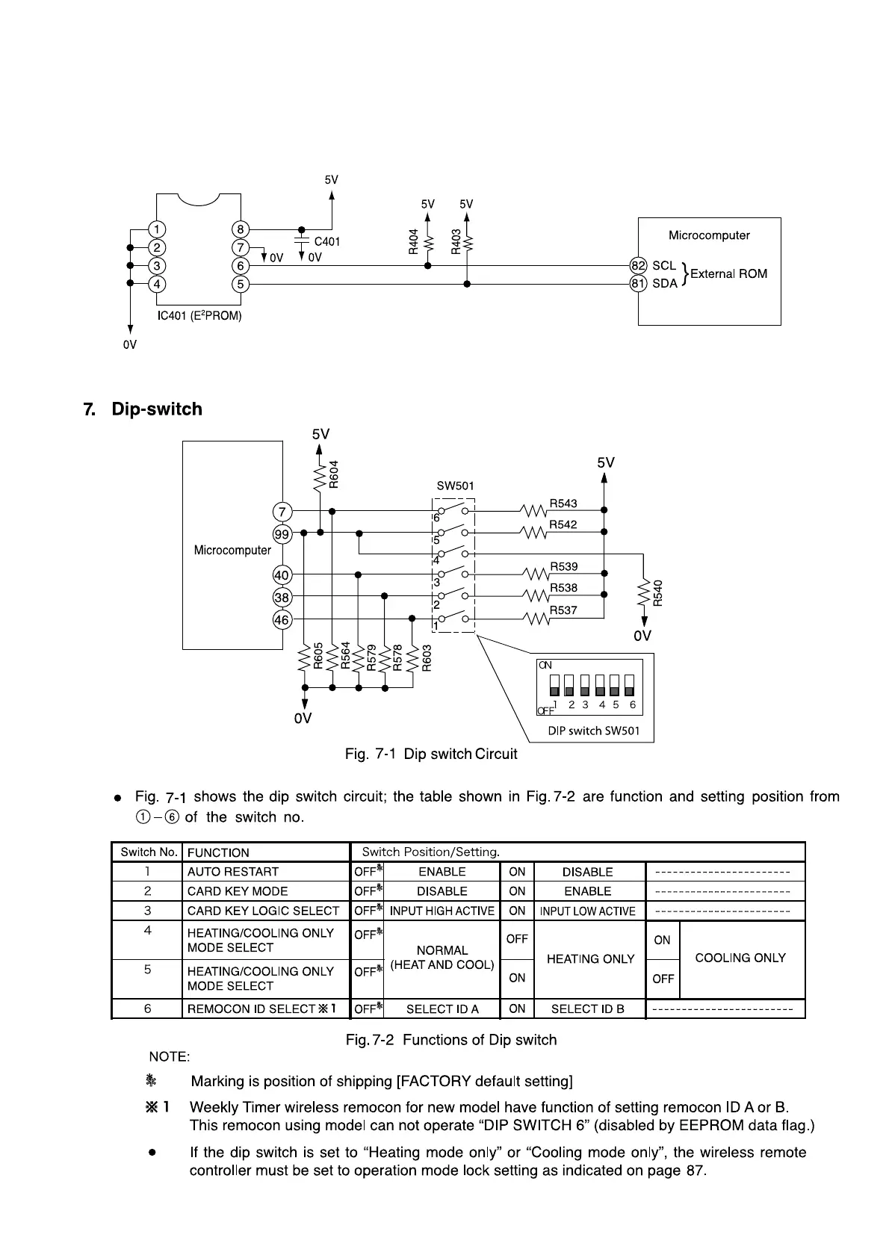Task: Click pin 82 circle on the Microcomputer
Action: pyautogui.click(x=638, y=265)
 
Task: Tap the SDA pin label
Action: pyautogui.click(x=665, y=284)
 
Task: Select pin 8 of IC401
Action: pyautogui.click(x=241, y=229)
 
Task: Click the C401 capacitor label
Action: pyautogui.click(x=327, y=242)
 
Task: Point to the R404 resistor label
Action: pyautogui.click(x=413, y=242)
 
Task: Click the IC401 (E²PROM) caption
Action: pyautogui.click(x=199, y=316)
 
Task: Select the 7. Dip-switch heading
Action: pyautogui.click(x=143, y=409)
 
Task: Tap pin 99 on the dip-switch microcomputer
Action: pyautogui.click(x=282, y=533)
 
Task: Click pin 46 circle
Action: pyautogui.click(x=282, y=619)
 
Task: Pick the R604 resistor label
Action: pyautogui.click(x=334, y=474)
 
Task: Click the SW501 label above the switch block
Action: pyautogui.click(x=455, y=486)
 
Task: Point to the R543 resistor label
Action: pyautogui.click(x=563, y=503)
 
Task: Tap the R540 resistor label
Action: pyautogui.click(x=657, y=594)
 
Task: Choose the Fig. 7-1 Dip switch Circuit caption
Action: pyautogui.click(x=431, y=755)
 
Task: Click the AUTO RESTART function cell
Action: pyautogui.click(x=233, y=872)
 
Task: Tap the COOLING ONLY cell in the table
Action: pyautogui.click(x=740, y=958)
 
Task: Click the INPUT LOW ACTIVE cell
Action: pyautogui.click(x=588, y=911)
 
